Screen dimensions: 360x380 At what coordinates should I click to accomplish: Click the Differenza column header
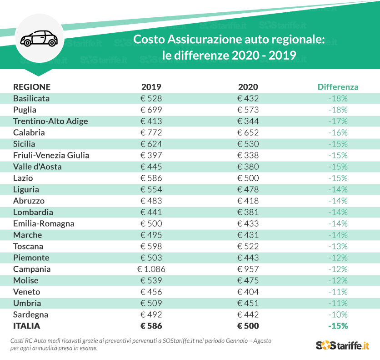pyautogui.click(x=338, y=87)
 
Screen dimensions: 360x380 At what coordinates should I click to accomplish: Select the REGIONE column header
pyautogui.click(x=32, y=87)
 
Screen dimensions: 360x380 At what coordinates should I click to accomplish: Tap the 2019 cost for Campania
pyautogui.click(x=151, y=269)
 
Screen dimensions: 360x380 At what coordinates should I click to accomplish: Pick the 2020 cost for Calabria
pyautogui.click(x=248, y=132)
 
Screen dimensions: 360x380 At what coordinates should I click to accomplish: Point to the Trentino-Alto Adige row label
pyautogui.click(x=50, y=121)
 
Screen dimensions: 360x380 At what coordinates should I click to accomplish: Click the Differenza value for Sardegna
pyautogui.click(x=338, y=314)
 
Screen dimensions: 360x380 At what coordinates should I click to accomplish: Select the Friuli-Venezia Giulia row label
pyautogui.click(x=51, y=155)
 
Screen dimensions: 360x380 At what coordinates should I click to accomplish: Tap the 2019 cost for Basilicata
pyautogui.click(x=151, y=98)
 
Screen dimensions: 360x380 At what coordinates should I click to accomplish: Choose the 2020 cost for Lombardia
pyautogui.click(x=248, y=212)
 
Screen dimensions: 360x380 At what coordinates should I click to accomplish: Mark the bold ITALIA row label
pyautogui.click(x=27, y=326)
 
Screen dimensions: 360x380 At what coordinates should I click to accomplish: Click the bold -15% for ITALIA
pyautogui.click(x=338, y=326)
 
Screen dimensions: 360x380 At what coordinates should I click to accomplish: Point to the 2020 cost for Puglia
pyautogui.click(x=248, y=110)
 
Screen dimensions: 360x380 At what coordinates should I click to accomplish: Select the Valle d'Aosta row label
pyautogui.click(x=37, y=167)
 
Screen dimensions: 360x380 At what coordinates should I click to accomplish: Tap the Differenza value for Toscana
pyautogui.click(x=338, y=246)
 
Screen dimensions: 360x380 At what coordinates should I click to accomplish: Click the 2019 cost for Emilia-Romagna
pyautogui.click(x=151, y=223)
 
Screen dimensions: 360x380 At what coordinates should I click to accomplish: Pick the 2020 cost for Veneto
pyautogui.click(x=248, y=292)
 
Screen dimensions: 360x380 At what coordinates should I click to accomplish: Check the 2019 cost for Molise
pyautogui.click(x=151, y=280)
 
